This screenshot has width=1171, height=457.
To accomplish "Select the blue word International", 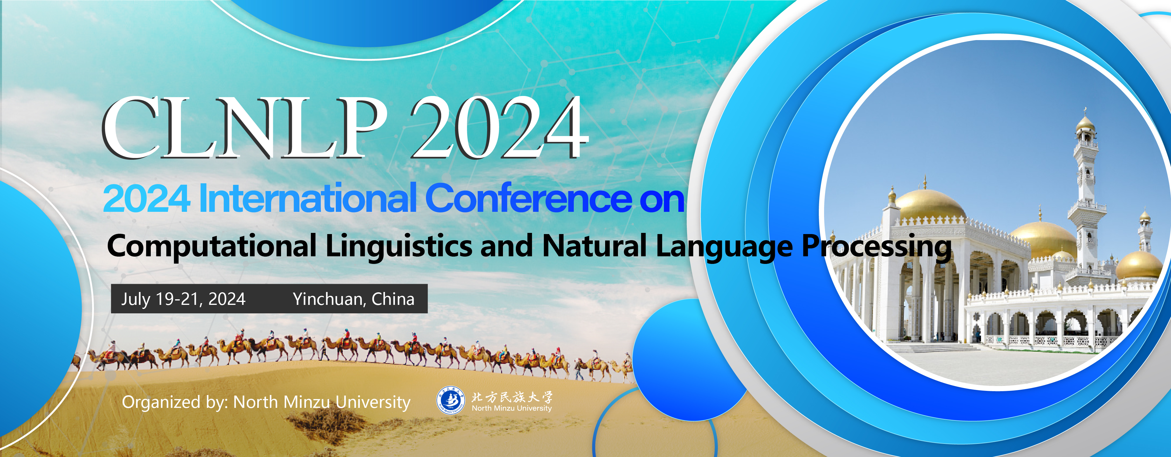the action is [x=308, y=199].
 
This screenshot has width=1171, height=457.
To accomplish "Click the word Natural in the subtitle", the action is [x=595, y=246].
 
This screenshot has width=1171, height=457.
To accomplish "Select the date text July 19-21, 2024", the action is [x=183, y=299].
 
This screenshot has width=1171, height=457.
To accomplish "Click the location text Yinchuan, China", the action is [x=354, y=299].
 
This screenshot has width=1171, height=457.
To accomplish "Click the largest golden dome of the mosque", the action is [x=931, y=205].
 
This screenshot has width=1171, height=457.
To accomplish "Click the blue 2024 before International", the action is [x=146, y=199].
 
